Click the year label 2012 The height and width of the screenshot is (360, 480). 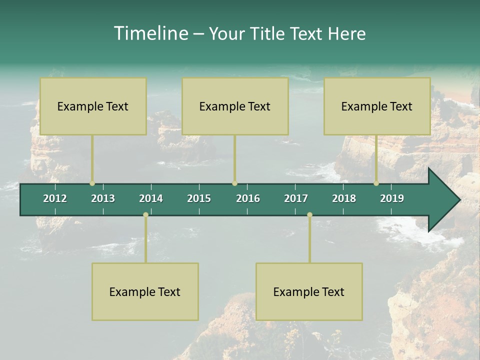pyautogui.click(x=55, y=198)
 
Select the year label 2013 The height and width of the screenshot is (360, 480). pyautogui.click(x=103, y=198)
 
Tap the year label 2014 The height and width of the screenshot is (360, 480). pyautogui.click(x=151, y=198)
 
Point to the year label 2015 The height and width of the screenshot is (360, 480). pyautogui.click(x=199, y=198)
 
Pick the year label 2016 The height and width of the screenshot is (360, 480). pyautogui.click(x=248, y=198)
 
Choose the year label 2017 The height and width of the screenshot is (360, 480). pyautogui.click(x=296, y=198)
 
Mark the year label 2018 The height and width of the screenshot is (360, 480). pyautogui.click(x=344, y=198)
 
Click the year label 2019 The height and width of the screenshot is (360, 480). pyautogui.click(x=392, y=198)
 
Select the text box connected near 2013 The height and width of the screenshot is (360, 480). pyautogui.click(x=93, y=106)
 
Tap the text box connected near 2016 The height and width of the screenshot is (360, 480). pyautogui.click(x=235, y=106)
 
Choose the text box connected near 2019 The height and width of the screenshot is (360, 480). pyautogui.click(x=377, y=106)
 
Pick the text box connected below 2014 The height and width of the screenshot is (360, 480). pyautogui.click(x=145, y=291)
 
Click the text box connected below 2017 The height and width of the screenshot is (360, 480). pyautogui.click(x=309, y=291)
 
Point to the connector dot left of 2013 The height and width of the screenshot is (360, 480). pyautogui.click(x=92, y=183)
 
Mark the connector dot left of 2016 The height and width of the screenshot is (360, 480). pyautogui.click(x=234, y=183)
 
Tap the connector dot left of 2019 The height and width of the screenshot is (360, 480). pyautogui.click(x=376, y=183)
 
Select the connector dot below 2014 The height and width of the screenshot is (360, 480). pyautogui.click(x=145, y=215)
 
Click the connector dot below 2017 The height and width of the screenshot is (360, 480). pyautogui.click(x=309, y=215)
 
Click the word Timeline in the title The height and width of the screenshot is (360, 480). pyautogui.click(x=150, y=33)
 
